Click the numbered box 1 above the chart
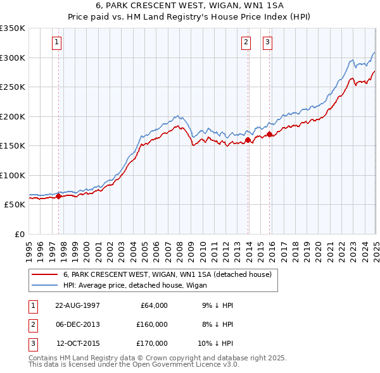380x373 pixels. click(x=57, y=42)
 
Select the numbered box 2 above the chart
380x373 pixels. click(x=246, y=42)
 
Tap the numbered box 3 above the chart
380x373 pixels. click(x=267, y=42)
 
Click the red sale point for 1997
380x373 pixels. click(x=59, y=196)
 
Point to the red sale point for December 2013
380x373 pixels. click(x=248, y=140)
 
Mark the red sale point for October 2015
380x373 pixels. click(x=269, y=134)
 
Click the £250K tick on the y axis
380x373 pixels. click(x=13, y=87)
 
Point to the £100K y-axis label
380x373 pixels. click(x=13, y=175)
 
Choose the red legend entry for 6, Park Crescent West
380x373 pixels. click(x=167, y=274)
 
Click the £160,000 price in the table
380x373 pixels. click(x=152, y=324)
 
